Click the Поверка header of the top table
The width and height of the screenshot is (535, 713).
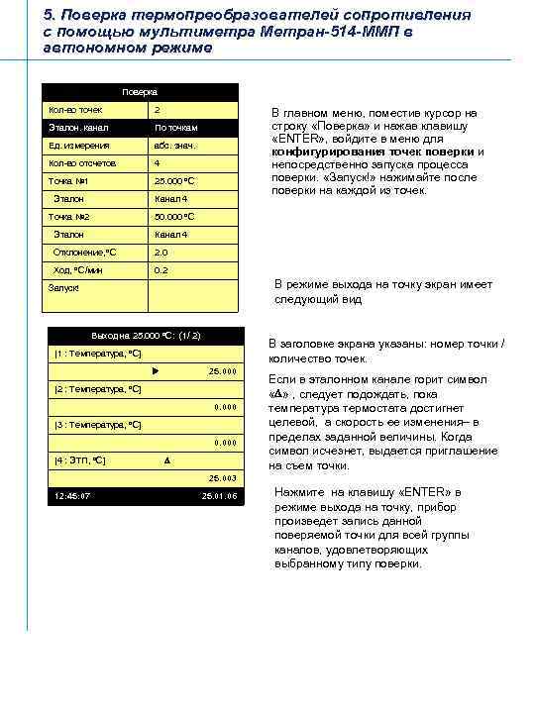(x=143, y=91)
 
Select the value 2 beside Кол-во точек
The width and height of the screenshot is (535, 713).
(x=158, y=109)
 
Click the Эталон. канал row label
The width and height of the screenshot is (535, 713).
(x=78, y=128)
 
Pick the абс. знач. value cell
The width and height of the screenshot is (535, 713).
(x=174, y=146)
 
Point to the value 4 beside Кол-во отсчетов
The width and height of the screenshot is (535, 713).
(x=157, y=162)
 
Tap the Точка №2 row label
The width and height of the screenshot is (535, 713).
(x=69, y=217)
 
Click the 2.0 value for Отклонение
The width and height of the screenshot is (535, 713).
(x=160, y=252)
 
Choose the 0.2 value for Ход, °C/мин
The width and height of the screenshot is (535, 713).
(x=160, y=269)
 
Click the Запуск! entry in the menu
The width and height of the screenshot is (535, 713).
(x=64, y=288)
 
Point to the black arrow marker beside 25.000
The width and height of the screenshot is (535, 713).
(x=156, y=371)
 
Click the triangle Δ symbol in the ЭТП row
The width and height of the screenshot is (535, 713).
(x=166, y=461)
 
